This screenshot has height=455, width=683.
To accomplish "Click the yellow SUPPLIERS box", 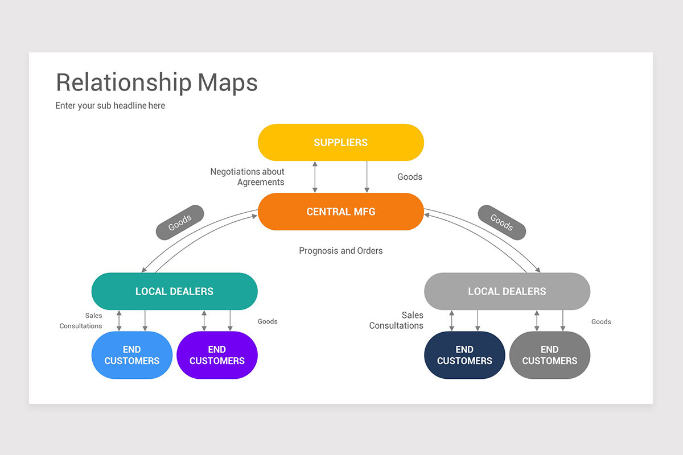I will (x=340, y=142).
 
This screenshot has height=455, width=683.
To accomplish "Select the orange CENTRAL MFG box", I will (x=340, y=212).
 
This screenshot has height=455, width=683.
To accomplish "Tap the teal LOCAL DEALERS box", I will (x=174, y=291).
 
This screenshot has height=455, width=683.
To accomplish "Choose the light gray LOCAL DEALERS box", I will (x=507, y=291).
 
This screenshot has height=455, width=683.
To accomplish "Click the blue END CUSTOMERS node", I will (x=131, y=355).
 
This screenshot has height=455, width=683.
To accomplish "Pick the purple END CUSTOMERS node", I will (x=217, y=355).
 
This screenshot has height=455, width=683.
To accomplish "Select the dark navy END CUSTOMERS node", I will (x=464, y=355).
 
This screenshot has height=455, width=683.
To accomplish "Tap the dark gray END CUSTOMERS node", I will (x=549, y=355).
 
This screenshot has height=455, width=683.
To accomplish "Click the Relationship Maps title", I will (x=157, y=82).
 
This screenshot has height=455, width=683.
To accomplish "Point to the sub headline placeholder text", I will (x=110, y=105).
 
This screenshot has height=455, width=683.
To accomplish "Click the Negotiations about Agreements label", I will (x=248, y=176).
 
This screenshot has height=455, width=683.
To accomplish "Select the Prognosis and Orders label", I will (x=341, y=250).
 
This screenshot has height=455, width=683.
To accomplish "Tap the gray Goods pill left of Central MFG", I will (x=180, y=222).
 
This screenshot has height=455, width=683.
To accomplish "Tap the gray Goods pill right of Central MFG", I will (x=501, y=222).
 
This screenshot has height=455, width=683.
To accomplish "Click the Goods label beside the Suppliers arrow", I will (x=410, y=177).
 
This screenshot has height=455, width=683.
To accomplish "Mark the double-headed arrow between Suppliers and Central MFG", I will (x=315, y=177).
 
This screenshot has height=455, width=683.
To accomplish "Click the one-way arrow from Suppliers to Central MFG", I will (x=367, y=177).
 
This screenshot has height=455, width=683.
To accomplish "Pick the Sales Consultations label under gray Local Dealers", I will (x=397, y=320).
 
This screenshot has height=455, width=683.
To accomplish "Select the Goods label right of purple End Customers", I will (x=268, y=321).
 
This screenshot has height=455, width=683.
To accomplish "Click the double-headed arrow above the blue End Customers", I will (x=119, y=320).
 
